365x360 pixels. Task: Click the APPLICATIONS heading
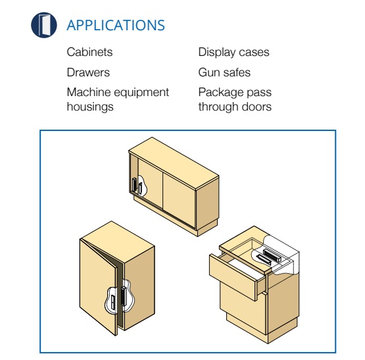pos(116,25)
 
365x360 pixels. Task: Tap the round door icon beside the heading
pos(44,25)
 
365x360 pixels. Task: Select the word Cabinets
pos(89,52)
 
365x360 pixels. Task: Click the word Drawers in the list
pos(88,72)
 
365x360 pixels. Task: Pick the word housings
pos(90,107)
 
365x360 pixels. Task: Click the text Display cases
pos(233,52)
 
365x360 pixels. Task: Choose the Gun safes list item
pos(224,72)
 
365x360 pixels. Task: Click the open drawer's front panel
pos(233,277)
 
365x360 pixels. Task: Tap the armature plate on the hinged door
pos(113,303)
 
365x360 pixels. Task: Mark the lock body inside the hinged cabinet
pos(124,296)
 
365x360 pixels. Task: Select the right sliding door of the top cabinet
pos(179,200)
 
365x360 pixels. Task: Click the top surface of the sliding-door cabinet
pos(174,163)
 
